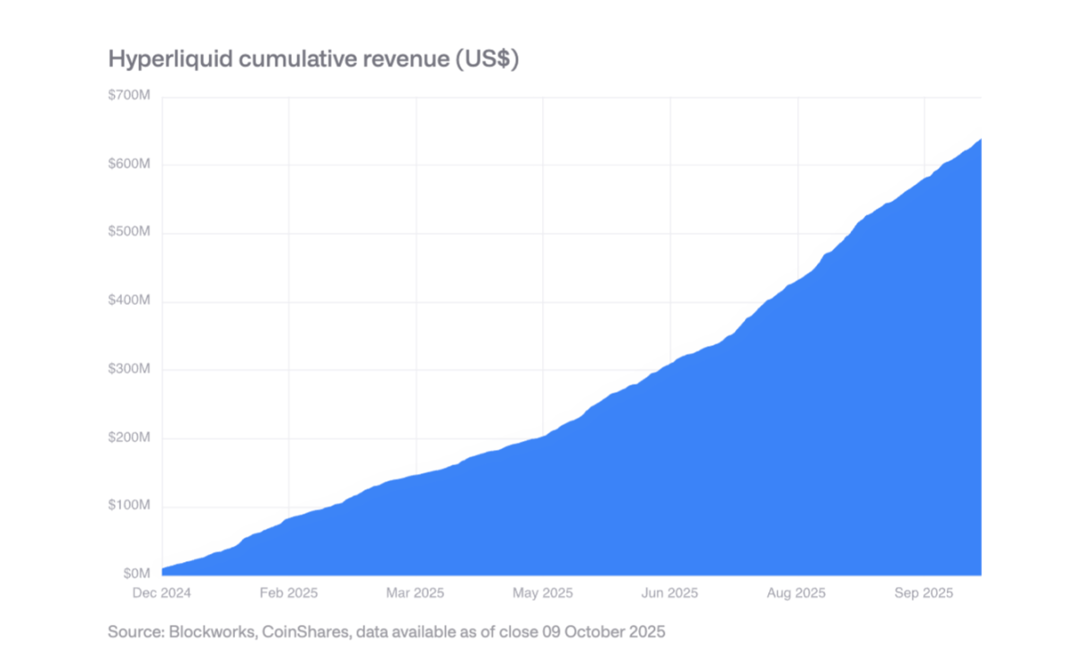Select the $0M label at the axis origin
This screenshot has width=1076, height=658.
click(137, 573)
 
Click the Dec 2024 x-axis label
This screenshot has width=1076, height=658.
click(162, 593)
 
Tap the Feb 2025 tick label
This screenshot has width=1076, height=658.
click(288, 593)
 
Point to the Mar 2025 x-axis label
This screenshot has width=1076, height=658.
click(415, 593)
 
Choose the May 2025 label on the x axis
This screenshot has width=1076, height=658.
click(542, 593)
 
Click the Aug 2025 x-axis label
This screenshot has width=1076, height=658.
click(796, 593)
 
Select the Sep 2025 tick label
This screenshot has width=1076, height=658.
click(923, 593)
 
